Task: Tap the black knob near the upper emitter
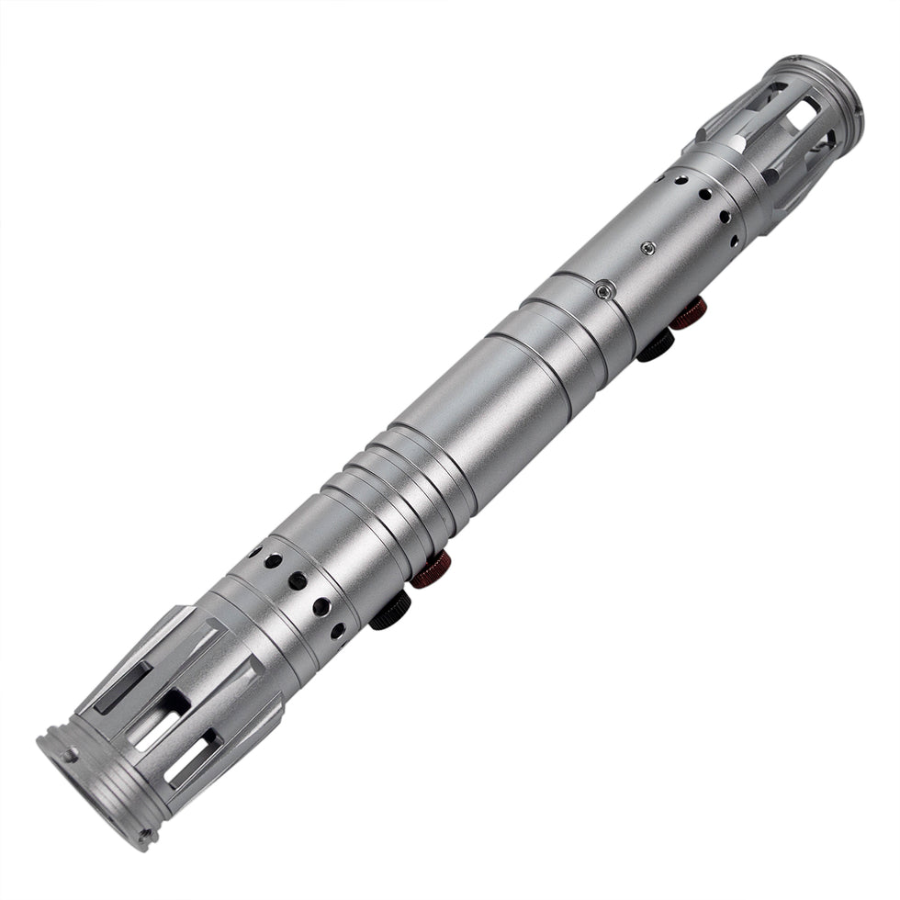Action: point(656,346)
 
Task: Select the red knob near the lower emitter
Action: point(430,570)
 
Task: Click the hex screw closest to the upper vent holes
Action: point(648,247)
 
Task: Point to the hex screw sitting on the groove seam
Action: point(602,290)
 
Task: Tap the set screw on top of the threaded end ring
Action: point(70,755)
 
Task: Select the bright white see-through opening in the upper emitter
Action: point(802,117)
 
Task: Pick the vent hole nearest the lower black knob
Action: point(338,631)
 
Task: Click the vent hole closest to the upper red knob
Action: point(733,242)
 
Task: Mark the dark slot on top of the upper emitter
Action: point(770,95)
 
